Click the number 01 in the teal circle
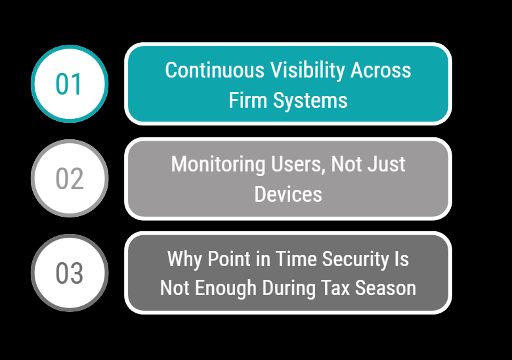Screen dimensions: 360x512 (x=69, y=84)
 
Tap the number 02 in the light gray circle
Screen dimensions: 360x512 (x=69, y=179)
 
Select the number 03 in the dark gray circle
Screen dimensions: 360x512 (x=69, y=273)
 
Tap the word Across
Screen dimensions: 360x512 (x=381, y=70)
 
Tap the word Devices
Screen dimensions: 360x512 (x=288, y=194)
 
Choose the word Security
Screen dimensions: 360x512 (x=356, y=258)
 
